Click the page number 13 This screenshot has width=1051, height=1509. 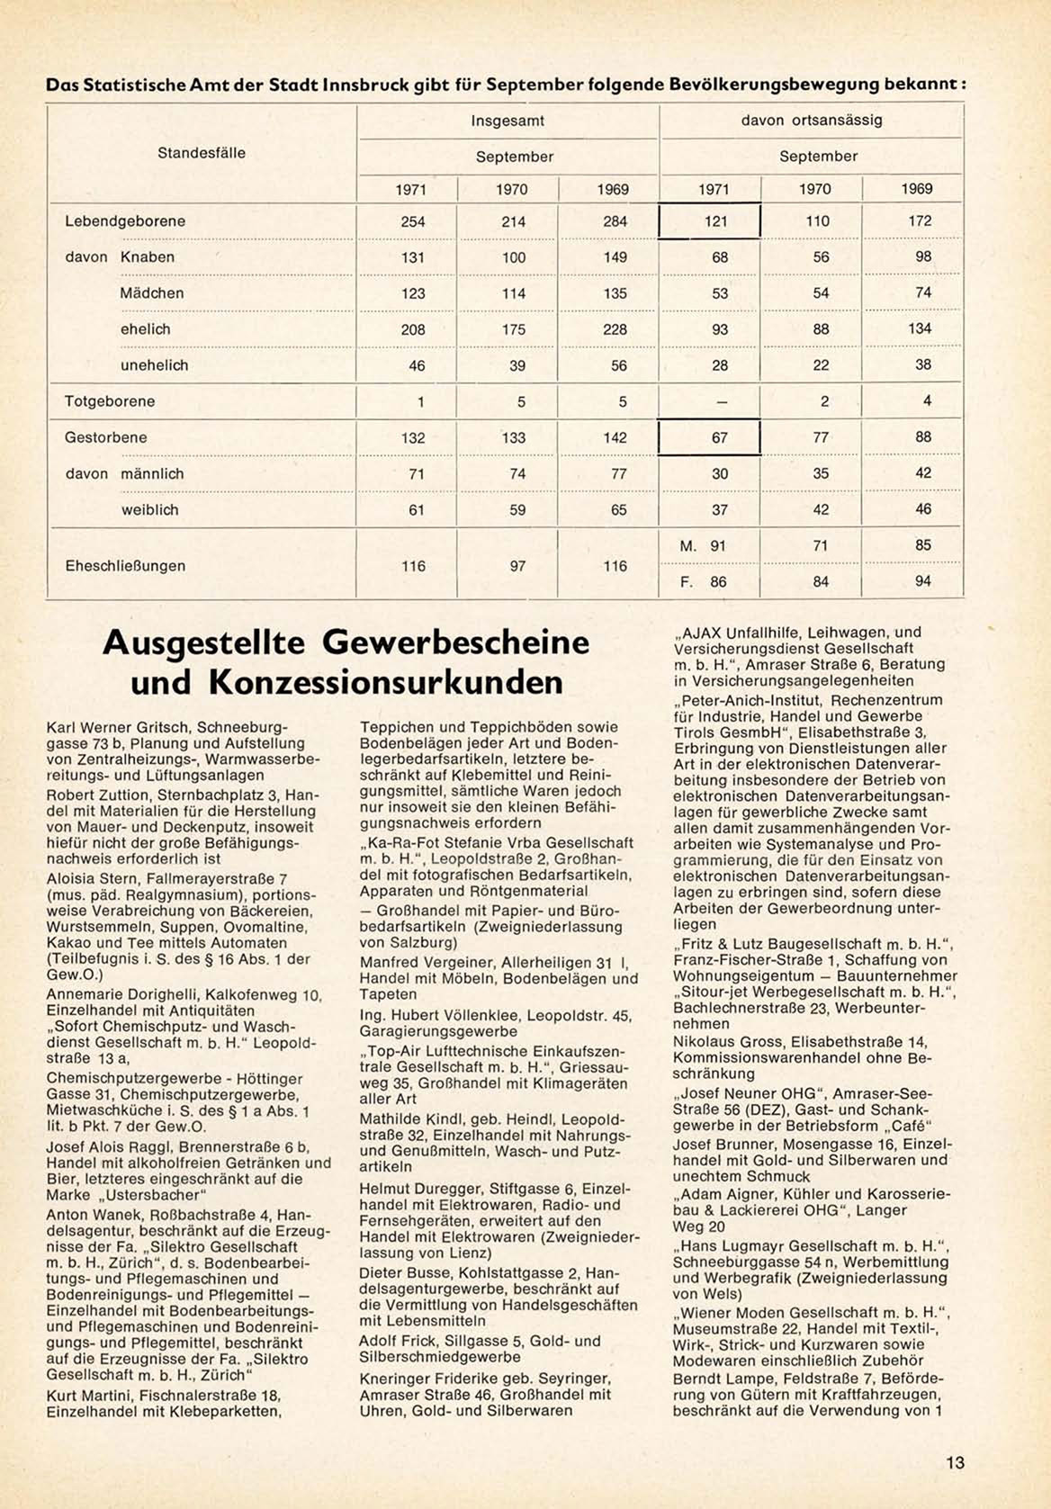point(956,1462)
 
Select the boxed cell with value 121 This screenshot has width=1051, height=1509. point(710,221)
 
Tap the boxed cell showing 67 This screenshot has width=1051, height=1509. point(710,437)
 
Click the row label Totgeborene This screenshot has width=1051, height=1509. point(110,401)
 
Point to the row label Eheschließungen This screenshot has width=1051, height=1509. point(125,566)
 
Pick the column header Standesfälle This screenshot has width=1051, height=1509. point(202,153)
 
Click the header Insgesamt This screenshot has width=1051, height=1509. point(508,121)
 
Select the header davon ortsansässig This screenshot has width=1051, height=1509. point(812,120)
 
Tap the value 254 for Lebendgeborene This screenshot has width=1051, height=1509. point(413,221)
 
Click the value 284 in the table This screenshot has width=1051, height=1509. point(615,221)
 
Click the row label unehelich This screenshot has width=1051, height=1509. point(154,365)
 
